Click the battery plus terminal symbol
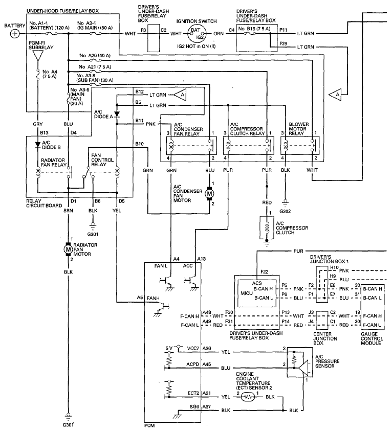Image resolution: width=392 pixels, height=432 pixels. pyautogui.click(x=15, y=34)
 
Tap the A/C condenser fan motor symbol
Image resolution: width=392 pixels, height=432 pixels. pyautogui.click(x=209, y=194)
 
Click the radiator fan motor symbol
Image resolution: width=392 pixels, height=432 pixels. pyautogui.click(x=68, y=249)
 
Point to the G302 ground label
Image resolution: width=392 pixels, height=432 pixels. pyautogui.click(x=285, y=211)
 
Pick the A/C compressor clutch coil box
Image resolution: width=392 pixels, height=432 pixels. pyautogui.click(x=267, y=228)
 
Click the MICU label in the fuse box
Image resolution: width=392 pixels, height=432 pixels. pyautogui.click(x=246, y=293)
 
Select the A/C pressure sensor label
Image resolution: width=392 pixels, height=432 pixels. pyautogui.click(x=327, y=361)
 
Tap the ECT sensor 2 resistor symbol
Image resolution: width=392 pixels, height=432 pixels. pyautogui.click(x=248, y=397)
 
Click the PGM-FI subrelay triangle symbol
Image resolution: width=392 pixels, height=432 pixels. pyautogui.click(x=38, y=56)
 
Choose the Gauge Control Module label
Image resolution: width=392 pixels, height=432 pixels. pyautogui.click(x=372, y=338)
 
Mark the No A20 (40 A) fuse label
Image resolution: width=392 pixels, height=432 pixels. pyautogui.click(x=95, y=56)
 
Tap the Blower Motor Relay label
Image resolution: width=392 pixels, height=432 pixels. pyautogui.click(x=298, y=129)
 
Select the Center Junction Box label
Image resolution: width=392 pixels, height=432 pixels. pyautogui.click(x=325, y=338)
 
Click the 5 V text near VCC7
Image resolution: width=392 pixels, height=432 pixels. pyautogui.click(x=169, y=348)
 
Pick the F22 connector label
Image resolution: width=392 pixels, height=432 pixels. pyautogui.click(x=264, y=271)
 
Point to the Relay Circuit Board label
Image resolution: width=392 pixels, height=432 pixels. pyautogui.click(x=44, y=203)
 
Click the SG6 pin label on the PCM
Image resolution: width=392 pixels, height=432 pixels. pyautogui.click(x=194, y=406)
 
